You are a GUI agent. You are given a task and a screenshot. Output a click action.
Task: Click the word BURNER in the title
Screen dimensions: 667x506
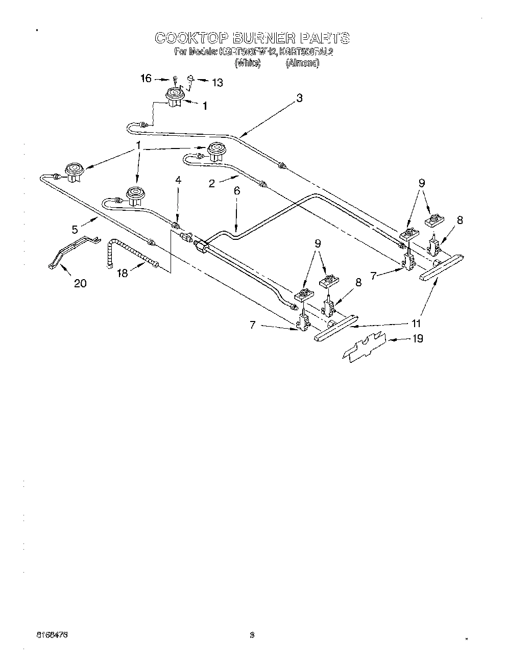point(262,38)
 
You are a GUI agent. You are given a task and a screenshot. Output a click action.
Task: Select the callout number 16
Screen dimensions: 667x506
point(146,78)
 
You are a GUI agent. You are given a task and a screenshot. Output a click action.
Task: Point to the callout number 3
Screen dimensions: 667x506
point(299,98)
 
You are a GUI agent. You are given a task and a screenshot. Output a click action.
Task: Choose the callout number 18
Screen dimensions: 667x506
point(122,273)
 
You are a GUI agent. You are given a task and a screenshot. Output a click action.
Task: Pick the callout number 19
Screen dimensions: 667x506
point(417,338)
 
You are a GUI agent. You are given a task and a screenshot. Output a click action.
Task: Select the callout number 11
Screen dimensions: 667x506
point(417,323)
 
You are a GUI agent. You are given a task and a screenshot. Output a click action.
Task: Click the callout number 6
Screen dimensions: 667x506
point(236,190)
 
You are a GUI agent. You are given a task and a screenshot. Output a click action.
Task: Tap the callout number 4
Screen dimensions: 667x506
point(178,180)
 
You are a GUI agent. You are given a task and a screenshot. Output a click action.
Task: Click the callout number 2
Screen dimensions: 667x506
point(211,183)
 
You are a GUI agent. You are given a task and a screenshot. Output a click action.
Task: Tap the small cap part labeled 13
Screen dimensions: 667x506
point(190,78)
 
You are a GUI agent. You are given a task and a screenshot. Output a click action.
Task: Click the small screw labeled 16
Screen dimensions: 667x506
point(175,79)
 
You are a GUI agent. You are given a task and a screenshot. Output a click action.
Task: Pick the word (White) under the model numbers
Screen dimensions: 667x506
point(248,63)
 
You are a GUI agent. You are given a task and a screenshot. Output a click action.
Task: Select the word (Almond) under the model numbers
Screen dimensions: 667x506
point(303,63)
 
